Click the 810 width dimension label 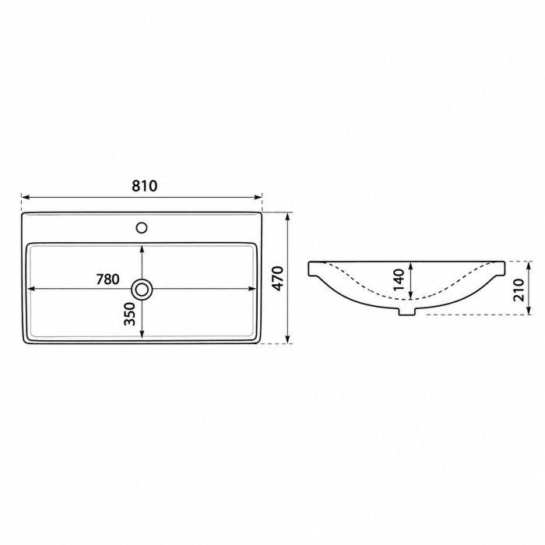click(144, 186)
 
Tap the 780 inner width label click(107, 279)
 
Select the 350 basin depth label click(129, 314)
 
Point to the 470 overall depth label click(278, 278)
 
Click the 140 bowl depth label click(399, 280)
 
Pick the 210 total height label click(518, 290)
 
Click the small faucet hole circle click(142, 227)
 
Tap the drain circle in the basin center click(142, 289)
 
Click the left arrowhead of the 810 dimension click(25, 198)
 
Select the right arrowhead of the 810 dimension click(258, 198)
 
